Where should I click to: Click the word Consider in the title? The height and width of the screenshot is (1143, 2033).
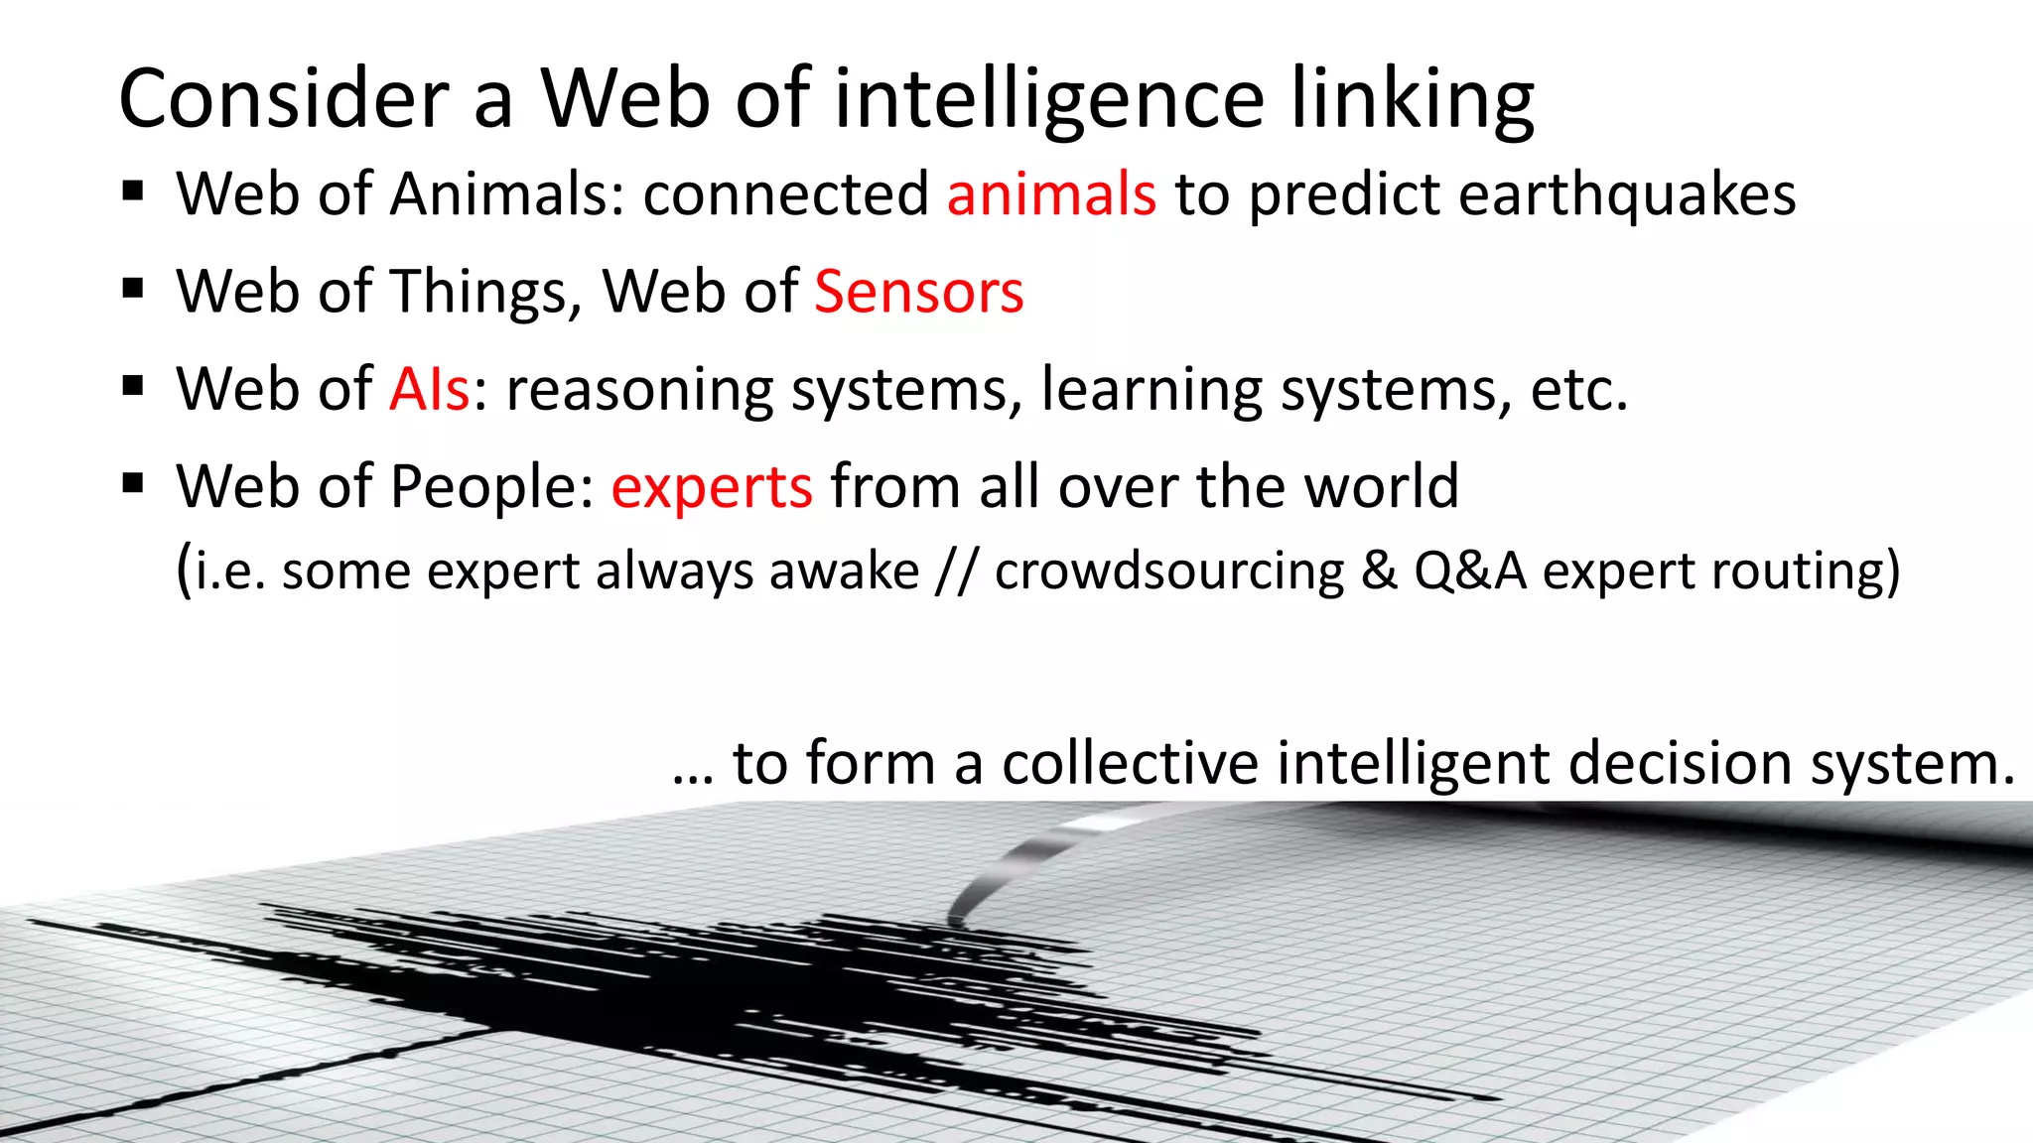(284, 99)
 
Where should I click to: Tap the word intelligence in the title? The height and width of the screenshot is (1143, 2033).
(1049, 99)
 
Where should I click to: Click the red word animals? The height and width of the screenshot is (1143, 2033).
(1051, 193)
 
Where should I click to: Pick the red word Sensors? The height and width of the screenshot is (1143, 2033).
(918, 292)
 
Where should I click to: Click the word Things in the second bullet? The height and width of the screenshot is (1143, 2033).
(480, 292)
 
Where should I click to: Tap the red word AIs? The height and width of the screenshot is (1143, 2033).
(429, 389)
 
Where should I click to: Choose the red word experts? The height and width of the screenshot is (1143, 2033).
(712, 487)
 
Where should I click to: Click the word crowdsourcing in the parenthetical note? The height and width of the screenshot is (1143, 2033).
(1169, 571)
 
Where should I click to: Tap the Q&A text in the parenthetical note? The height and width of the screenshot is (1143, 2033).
(1470, 571)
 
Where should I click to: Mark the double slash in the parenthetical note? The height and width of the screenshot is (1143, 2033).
(957, 571)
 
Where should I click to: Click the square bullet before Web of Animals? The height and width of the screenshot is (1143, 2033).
(134, 190)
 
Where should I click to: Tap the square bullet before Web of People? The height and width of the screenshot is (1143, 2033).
(134, 483)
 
